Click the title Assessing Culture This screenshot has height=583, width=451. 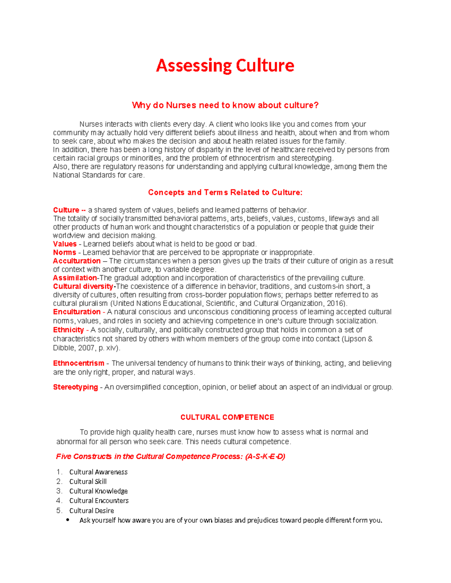[x=225, y=66]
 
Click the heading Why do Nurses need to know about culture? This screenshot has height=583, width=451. [x=225, y=105]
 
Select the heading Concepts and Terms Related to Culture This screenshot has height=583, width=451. [x=225, y=193]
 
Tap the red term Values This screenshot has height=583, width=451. [x=65, y=244]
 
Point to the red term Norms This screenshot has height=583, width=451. [x=64, y=253]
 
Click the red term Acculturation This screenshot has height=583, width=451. [x=77, y=261]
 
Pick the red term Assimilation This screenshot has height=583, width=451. [x=75, y=278]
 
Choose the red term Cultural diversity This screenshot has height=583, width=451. [x=83, y=286]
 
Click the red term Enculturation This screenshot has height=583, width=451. [x=77, y=312]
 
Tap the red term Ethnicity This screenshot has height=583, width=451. [x=68, y=330]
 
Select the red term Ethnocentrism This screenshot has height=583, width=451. [x=79, y=363]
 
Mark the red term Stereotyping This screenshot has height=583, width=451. [x=75, y=387]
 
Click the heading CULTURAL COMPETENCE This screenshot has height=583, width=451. [x=227, y=417]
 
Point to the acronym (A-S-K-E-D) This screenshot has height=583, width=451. [x=265, y=456]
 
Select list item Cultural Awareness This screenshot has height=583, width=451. [x=98, y=472]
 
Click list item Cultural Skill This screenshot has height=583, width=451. [x=88, y=482]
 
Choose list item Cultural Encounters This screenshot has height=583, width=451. [x=99, y=501]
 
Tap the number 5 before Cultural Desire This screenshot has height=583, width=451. [x=59, y=511]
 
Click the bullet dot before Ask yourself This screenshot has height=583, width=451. [x=68, y=520]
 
